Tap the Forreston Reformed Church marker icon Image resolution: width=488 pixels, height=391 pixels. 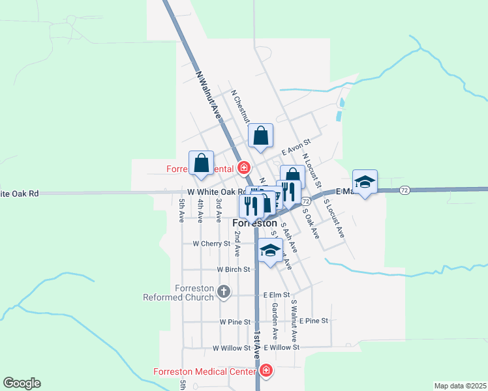tap(224, 291)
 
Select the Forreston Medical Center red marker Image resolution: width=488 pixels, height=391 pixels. tap(266, 371)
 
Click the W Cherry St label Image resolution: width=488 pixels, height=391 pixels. tap(211, 244)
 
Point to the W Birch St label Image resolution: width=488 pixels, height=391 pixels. tap(234, 269)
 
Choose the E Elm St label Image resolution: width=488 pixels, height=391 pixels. tap(277, 295)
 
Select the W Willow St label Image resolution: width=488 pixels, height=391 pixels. tap(231, 348)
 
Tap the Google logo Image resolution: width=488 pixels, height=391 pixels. tap(22, 383)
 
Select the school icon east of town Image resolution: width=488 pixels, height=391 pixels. tap(365, 182)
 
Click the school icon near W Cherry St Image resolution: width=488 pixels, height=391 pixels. tap(270, 251)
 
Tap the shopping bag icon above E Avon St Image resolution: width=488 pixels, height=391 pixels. tap(260, 137)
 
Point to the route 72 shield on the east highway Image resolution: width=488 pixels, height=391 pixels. tap(405, 190)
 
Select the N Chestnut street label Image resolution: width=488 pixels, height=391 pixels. tap(241, 106)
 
